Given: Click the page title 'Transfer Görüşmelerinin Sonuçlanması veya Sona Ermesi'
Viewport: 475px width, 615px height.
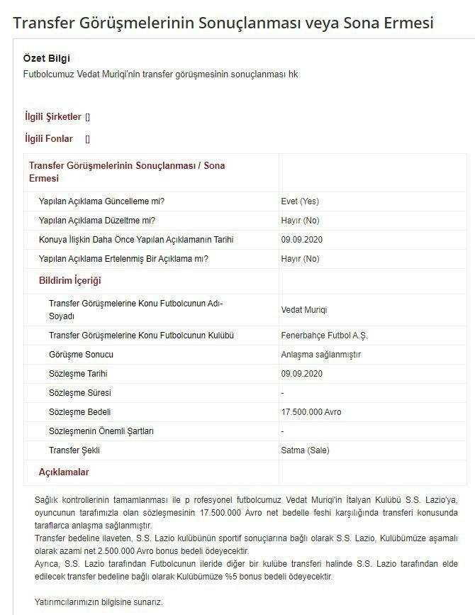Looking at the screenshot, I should (x=223, y=23).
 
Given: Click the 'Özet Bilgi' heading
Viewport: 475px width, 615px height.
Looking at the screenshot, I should (x=47, y=58).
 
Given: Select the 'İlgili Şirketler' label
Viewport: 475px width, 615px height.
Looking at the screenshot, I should (x=53, y=116).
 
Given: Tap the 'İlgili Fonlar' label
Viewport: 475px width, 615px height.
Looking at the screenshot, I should (x=49, y=138).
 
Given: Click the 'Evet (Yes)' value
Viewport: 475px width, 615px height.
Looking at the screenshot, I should (x=300, y=201).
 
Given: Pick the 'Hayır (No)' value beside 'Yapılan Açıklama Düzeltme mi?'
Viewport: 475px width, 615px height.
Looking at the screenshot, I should (x=300, y=221).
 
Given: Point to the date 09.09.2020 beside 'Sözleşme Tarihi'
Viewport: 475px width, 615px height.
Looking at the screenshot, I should (x=301, y=374).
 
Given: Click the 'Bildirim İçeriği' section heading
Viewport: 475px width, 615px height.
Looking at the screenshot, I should (x=69, y=281).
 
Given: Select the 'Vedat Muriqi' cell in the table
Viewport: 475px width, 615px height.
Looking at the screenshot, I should (x=304, y=310).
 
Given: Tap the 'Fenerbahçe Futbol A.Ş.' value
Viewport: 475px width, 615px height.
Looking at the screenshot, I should (x=324, y=336).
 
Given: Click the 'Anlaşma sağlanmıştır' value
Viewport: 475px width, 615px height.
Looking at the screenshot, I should (x=320, y=355).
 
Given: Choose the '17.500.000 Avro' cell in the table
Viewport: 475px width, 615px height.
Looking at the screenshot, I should (x=311, y=412).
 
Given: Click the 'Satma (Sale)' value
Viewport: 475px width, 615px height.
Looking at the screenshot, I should (x=305, y=450).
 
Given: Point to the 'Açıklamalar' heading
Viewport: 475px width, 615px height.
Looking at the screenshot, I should (x=64, y=472).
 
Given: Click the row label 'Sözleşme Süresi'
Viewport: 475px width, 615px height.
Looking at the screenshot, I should (x=79, y=393).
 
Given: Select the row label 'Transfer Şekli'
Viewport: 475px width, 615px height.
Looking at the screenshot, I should (x=74, y=450).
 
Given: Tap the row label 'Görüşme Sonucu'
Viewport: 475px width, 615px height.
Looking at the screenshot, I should (x=81, y=355).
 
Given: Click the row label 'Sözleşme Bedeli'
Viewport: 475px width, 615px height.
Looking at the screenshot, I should (x=79, y=412).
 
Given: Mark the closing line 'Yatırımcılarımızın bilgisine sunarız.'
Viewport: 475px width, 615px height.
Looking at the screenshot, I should (x=99, y=602).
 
